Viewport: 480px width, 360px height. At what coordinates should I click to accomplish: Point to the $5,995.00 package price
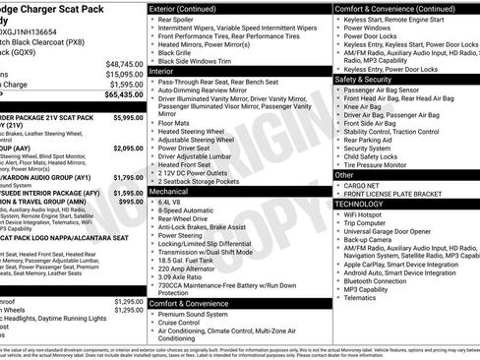click(x=129, y=117)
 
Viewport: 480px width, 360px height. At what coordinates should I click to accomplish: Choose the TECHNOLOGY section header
click(x=361, y=203)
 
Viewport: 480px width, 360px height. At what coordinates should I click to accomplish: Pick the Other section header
click(x=345, y=174)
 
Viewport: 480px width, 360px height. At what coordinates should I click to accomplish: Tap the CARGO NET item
click(x=365, y=184)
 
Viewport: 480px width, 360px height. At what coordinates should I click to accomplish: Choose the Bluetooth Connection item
click(x=386, y=280)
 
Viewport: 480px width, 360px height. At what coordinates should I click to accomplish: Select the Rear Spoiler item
click(x=183, y=20)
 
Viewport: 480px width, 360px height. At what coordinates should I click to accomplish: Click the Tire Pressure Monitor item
click(x=387, y=164)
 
